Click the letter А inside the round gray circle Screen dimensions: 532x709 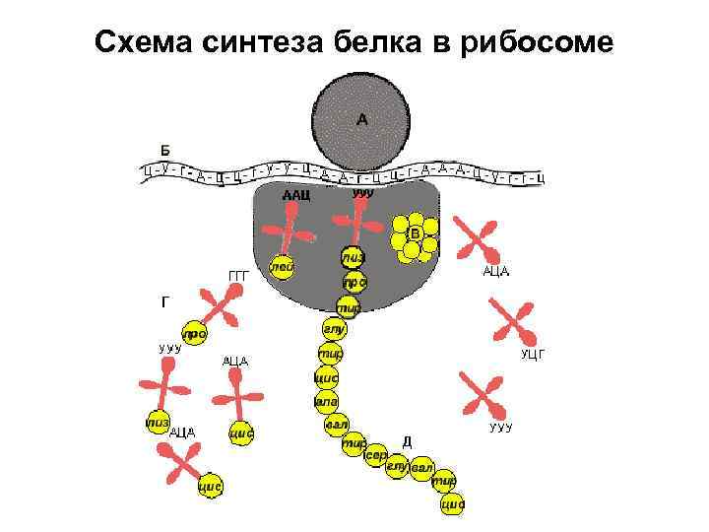coord(361,120)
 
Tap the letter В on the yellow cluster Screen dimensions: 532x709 coord(415,233)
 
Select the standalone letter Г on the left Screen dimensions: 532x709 coord(165,302)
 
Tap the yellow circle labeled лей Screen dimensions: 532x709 coord(283,266)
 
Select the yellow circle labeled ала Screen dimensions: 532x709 coord(326,401)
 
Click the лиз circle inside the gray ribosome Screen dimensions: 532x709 coord(353,257)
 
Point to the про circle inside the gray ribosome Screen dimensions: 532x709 coord(354,282)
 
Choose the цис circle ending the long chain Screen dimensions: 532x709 coord(452,503)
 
